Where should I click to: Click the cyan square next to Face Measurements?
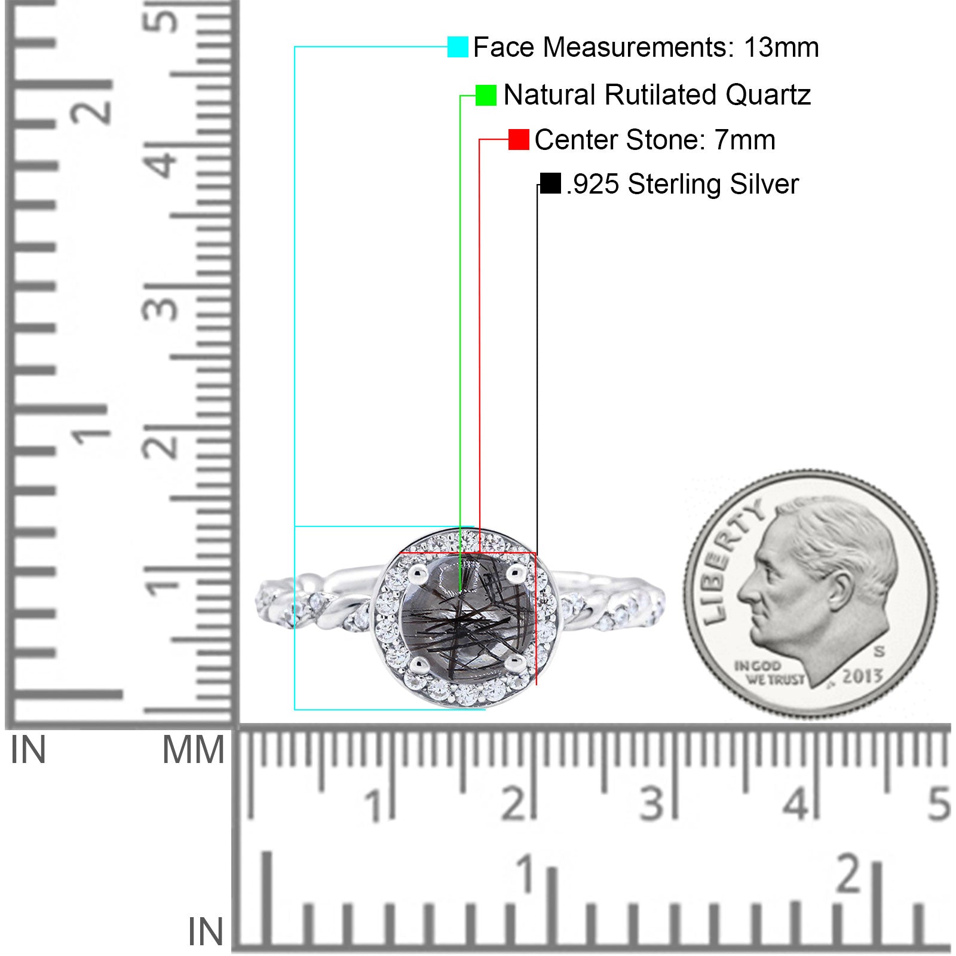coord(458,47)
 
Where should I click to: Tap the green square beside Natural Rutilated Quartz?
coord(486,95)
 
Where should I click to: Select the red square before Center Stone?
coord(519,139)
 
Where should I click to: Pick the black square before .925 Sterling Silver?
coord(550,183)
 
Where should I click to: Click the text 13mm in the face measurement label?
coord(781,47)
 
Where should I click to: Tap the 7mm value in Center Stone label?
coord(744,140)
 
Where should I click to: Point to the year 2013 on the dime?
coord(862,676)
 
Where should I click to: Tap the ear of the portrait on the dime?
coord(841,593)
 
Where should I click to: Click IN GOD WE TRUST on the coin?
coord(769,672)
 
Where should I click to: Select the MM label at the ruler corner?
coord(193,750)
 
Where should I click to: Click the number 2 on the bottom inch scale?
coord(849,873)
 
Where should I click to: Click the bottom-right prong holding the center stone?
coord(514,663)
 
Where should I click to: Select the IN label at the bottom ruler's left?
coord(206,932)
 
